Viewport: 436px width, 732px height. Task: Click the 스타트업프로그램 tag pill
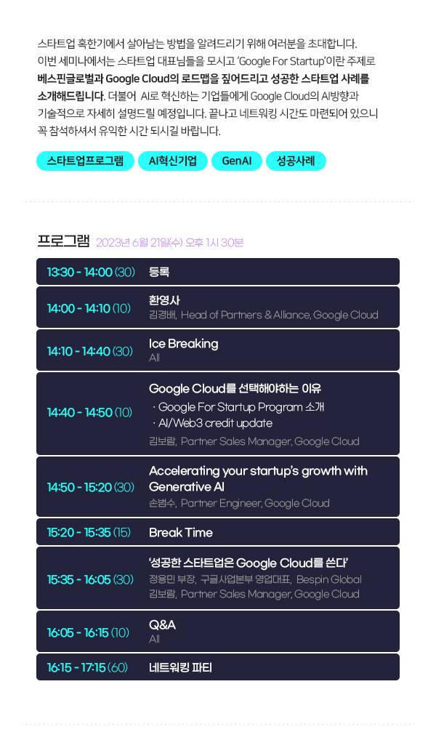[x=86, y=161]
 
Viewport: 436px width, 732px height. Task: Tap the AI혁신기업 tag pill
[x=173, y=161]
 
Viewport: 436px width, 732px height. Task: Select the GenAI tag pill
[x=237, y=161]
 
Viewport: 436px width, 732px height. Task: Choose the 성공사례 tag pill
[x=296, y=161]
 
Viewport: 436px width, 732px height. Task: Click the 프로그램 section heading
[x=63, y=241]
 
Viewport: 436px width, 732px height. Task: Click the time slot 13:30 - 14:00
[x=80, y=272]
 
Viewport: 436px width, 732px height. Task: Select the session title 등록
[x=159, y=272]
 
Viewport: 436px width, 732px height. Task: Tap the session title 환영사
[x=164, y=300]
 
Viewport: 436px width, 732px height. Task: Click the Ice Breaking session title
[x=183, y=344]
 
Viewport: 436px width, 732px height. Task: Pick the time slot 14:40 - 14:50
[x=80, y=412]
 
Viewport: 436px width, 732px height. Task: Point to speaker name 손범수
[x=163, y=503]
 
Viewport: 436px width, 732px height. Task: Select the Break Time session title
[x=181, y=532]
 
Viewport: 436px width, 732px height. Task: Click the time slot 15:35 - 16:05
[x=79, y=579]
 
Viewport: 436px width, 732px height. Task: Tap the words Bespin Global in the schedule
[x=329, y=579]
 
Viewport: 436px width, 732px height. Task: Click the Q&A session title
[x=162, y=624]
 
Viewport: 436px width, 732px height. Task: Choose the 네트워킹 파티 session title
[x=181, y=667]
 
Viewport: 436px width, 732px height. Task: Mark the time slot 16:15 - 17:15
[x=76, y=667]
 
